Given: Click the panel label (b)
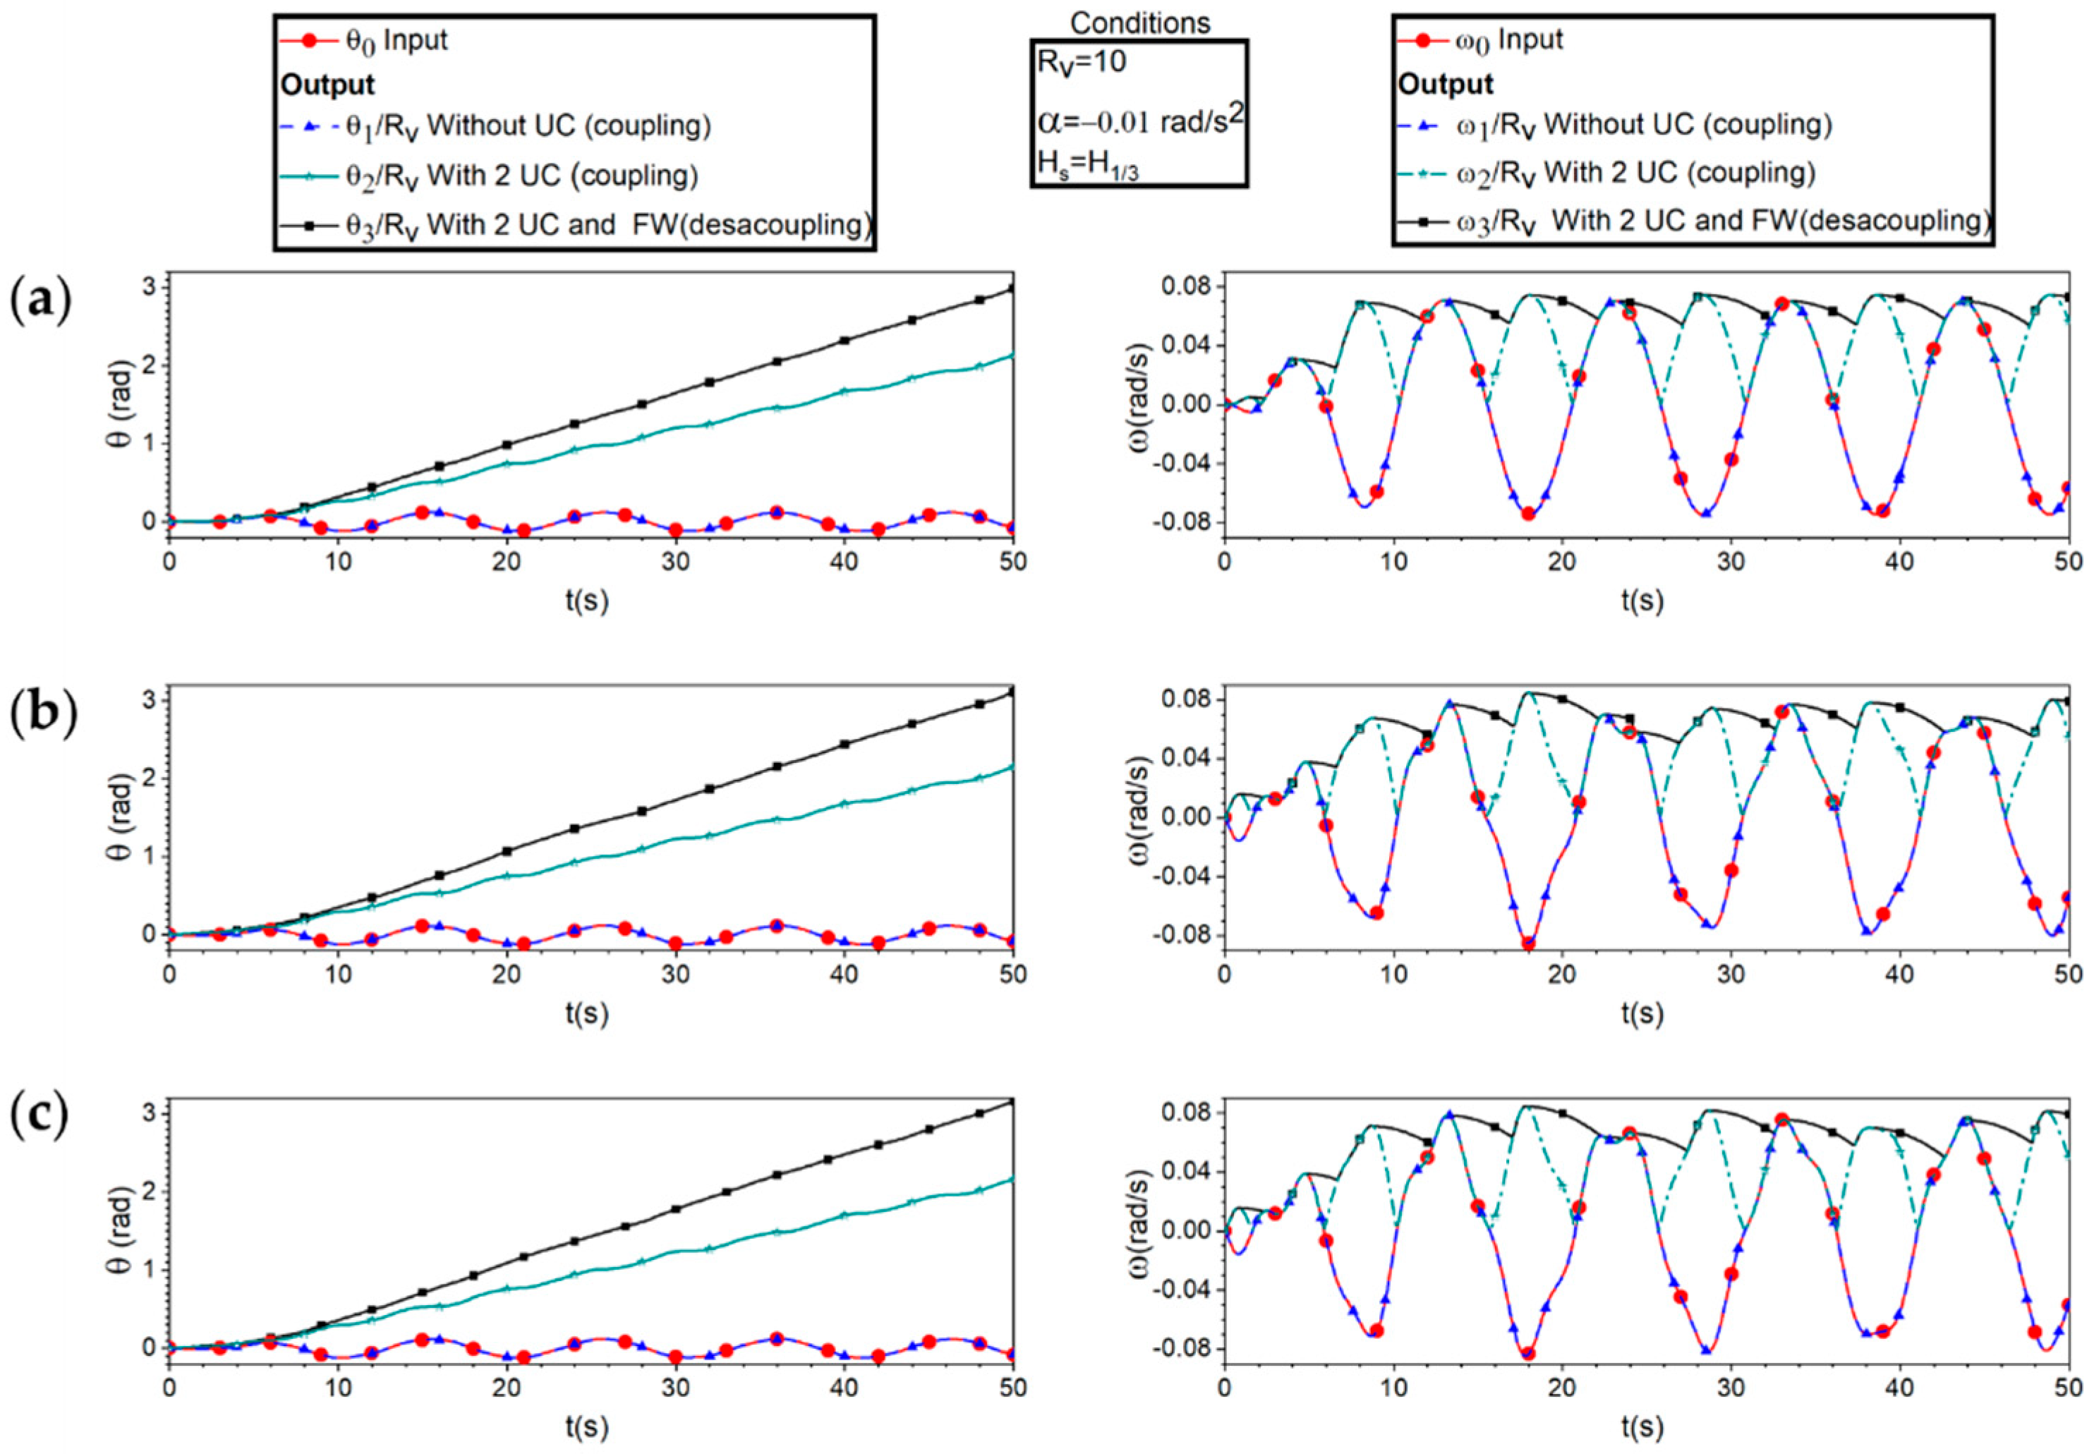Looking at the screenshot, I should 42,716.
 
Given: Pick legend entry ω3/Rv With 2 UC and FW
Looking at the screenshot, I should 1693,221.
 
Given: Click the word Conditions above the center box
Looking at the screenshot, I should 1139,22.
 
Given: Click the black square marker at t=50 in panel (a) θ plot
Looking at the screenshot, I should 1012,288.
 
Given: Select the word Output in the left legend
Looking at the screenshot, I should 327,85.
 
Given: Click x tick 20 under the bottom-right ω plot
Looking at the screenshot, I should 1562,1388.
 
